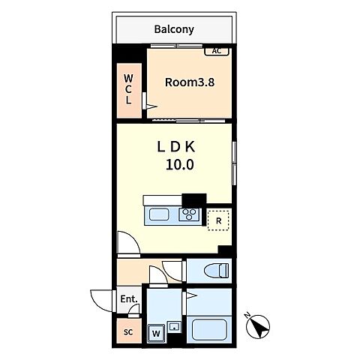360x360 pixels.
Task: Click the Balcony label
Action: tap(174, 29)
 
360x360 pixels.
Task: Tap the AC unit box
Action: tap(217, 51)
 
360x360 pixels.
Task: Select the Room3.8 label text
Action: tap(190, 82)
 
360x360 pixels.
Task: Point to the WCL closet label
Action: tap(128, 89)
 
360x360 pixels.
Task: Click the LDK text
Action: tap(176, 147)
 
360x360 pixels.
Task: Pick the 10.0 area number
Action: tap(180, 165)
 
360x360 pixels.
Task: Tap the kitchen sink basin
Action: tap(159, 215)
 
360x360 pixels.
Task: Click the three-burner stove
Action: tap(189, 214)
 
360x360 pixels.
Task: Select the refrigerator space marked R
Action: tap(218, 220)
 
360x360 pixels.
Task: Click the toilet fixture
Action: tap(216, 271)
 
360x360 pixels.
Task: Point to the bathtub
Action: tap(209, 329)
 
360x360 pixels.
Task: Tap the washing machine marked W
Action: tap(156, 333)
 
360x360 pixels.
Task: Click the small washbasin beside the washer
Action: tap(174, 326)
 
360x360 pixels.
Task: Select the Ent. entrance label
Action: tap(129, 299)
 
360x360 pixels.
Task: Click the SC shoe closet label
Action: tap(128, 332)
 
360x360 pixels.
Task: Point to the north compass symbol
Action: tap(257, 325)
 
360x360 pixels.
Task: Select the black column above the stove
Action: tap(194, 200)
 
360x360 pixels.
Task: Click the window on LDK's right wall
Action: tap(234, 163)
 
